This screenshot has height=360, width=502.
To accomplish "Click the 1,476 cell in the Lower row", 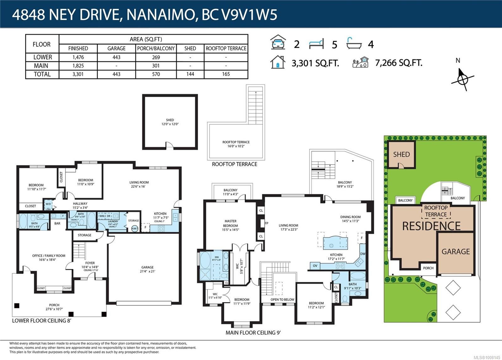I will click(78, 57).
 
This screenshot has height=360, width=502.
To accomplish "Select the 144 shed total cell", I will click(190, 74).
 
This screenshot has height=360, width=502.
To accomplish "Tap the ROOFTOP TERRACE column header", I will click(226, 48).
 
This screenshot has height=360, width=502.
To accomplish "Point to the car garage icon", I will click(278, 42).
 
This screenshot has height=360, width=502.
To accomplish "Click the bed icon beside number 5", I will click(316, 44).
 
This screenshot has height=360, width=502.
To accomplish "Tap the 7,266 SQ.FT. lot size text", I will click(398, 63).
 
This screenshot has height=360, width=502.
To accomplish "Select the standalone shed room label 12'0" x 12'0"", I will click(170, 122).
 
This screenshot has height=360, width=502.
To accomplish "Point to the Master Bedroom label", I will click(230, 223).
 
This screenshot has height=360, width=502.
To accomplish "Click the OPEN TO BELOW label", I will click(282, 299).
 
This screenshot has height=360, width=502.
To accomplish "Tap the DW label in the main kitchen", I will click(363, 254).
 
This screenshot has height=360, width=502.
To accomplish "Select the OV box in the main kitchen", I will click(315, 266).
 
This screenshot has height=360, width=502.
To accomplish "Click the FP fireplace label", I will click(266, 223).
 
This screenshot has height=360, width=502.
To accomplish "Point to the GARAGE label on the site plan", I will click(456, 252).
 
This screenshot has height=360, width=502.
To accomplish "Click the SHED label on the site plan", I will click(401, 154).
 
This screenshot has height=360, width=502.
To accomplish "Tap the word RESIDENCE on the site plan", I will click(431, 226).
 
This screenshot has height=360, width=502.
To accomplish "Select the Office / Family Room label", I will click(49, 258).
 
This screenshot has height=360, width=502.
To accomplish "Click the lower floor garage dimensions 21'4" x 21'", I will click(147, 271).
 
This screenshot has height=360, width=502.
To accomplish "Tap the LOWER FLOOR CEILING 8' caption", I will click(42, 321).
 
